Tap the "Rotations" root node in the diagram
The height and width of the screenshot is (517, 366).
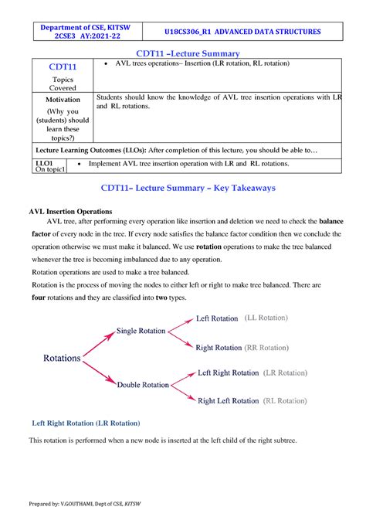[62, 359]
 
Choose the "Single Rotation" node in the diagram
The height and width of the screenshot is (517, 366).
[141, 331]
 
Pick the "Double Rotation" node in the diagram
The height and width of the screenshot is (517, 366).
[143, 385]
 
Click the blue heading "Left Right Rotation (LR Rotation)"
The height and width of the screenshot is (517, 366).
[85, 423]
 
